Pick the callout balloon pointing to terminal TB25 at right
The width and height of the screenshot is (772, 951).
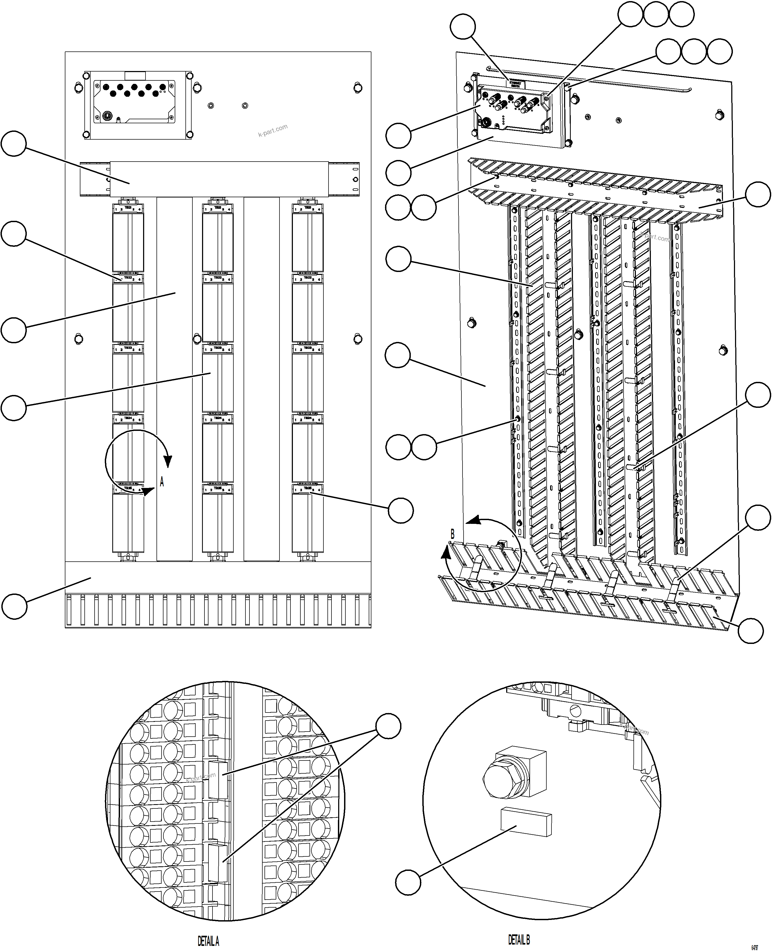click(x=401, y=510)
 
